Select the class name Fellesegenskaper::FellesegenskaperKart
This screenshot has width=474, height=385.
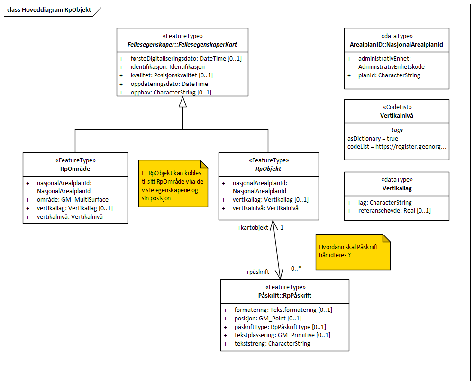click(x=182, y=44)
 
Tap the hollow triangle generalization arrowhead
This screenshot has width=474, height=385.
click(x=182, y=101)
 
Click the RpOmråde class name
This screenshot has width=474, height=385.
click(x=75, y=169)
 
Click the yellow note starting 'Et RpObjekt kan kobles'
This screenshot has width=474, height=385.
click(x=173, y=183)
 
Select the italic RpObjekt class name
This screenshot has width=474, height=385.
click(x=268, y=169)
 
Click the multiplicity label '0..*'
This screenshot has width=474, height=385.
click(x=296, y=268)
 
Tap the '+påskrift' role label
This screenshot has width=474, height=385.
click(x=257, y=272)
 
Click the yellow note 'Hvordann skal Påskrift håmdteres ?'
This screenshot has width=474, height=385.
click(x=353, y=252)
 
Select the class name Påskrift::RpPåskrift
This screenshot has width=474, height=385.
click(x=284, y=295)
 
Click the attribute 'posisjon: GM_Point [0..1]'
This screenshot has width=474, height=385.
click(x=268, y=318)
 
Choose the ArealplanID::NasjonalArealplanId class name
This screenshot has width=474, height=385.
click(x=396, y=44)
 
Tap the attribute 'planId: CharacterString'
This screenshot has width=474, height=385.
click(x=389, y=75)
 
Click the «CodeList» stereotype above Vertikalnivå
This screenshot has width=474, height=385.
click(x=396, y=107)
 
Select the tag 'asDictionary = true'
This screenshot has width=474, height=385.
click(x=373, y=138)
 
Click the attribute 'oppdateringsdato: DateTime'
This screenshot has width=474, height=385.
click(x=169, y=84)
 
